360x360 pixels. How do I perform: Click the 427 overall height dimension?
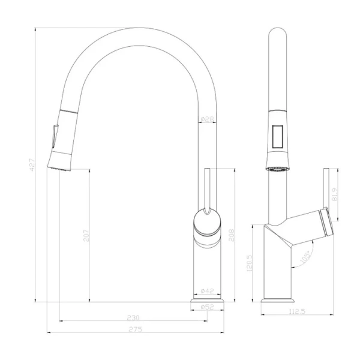[x=32, y=164]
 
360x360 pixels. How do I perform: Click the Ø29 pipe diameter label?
[x=207, y=119]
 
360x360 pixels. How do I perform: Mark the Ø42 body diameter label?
[x=207, y=291]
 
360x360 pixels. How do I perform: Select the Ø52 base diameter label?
[x=207, y=307]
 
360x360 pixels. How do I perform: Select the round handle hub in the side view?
[x=207, y=223]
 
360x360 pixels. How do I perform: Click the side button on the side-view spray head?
[x=54, y=133]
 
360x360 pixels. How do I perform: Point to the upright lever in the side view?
[x=207, y=186]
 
